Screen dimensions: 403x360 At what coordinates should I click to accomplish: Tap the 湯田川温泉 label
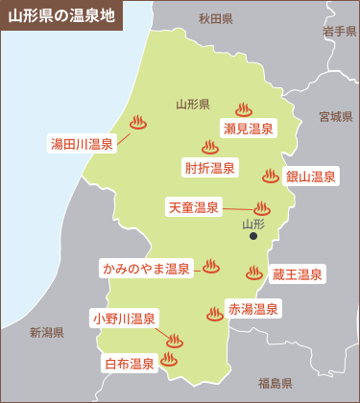pos(82,145)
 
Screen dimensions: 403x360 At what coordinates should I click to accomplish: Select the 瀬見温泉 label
pos(248,130)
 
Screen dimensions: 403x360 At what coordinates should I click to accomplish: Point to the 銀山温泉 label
pos(310,177)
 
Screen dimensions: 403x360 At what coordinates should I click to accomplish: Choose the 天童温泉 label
pos(194,207)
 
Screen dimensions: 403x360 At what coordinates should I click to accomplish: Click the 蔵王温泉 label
pos(298,274)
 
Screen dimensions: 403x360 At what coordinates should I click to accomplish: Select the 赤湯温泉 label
pos(253,309)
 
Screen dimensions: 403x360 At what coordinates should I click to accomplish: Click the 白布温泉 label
pos(130,364)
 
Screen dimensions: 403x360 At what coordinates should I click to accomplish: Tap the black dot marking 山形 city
pos(253,235)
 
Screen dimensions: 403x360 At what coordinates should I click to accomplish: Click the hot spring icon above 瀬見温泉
pos(243,110)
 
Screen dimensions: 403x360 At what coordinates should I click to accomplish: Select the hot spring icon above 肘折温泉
pos(209,148)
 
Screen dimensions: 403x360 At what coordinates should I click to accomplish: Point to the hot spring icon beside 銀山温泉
pos(270,176)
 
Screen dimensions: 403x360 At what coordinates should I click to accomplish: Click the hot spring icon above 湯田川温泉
pos(137,123)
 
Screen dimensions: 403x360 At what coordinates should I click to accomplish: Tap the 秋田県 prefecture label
pos(216,18)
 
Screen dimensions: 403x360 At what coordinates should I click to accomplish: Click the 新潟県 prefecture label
pos(46,332)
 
